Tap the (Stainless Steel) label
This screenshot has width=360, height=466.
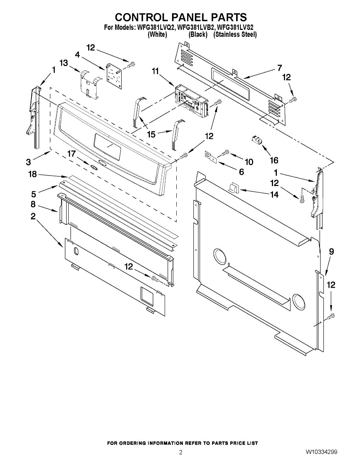pos(235,35)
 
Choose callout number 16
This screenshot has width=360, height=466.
pos(274,160)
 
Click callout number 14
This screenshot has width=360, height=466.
pos(274,195)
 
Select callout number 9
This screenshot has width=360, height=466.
pos(331,252)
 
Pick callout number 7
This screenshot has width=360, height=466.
pos(279,68)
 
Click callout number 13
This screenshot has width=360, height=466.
pos(63,63)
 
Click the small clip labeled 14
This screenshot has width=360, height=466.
pos(233,188)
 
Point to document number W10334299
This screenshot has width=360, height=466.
pos(321,452)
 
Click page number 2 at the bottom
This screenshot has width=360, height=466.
pos(181,452)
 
